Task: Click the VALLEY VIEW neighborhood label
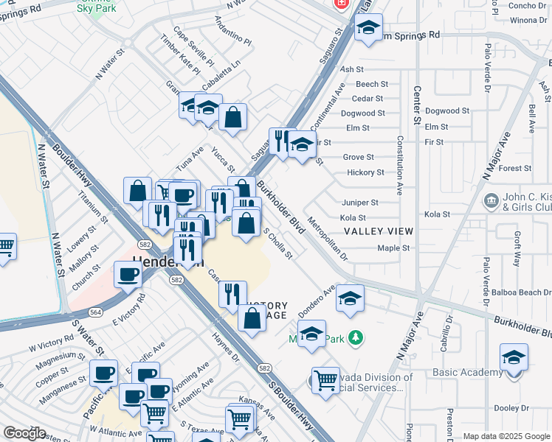click(x=379, y=231)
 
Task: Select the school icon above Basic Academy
click(x=514, y=357)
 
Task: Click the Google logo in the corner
click(x=24, y=433)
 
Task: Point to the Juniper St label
click(x=359, y=202)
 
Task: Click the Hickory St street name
click(x=365, y=172)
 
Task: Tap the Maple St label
click(x=393, y=248)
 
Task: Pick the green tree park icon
click(x=356, y=337)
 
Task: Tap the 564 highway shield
click(x=96, y=312)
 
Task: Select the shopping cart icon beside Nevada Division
click(x=325, y=380)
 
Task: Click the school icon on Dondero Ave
click(x=350, y=298)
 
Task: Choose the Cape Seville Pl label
click(x=193, y=46)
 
